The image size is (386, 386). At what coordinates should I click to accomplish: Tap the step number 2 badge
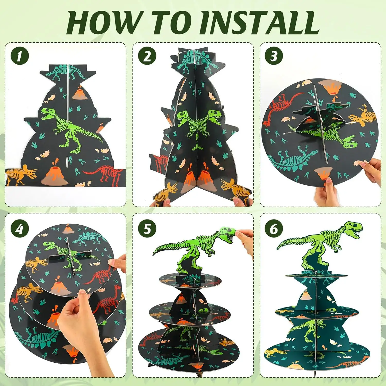(x=147, y=56)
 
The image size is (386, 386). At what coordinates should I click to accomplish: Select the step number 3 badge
(x=274, y=56)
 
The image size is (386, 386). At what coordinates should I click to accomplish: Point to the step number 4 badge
(x=20, y=229)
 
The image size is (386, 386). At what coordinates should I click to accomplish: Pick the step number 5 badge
(x=147, y=229)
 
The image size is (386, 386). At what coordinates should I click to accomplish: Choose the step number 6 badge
(x=274, y=229)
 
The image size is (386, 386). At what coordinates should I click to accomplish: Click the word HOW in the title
(x=103, y=23)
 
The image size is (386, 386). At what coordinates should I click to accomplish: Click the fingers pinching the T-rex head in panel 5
(x=243, y=241)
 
